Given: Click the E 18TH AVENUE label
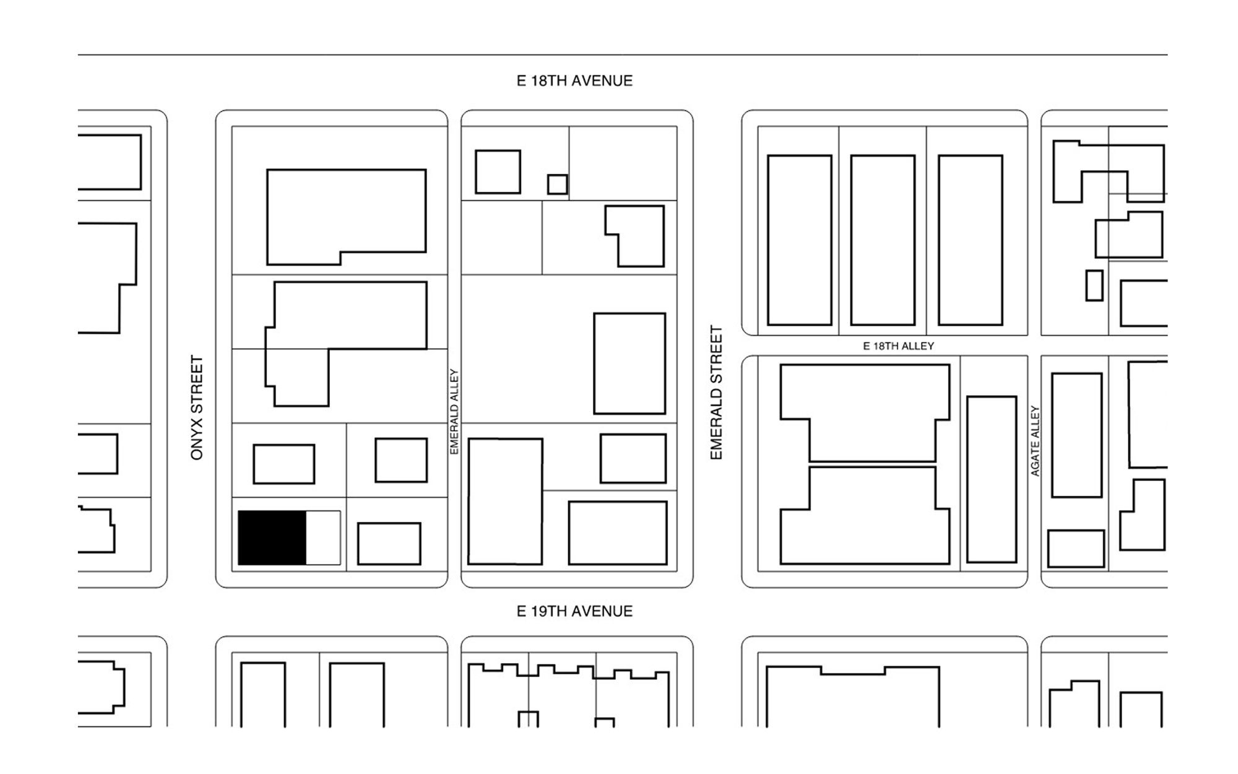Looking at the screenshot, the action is point(574,81).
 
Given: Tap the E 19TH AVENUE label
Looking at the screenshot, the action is point(574,611).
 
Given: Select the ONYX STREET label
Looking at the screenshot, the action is point(197,407).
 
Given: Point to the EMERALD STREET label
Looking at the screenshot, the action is point(716,393).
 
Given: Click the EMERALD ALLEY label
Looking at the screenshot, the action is point(454,412).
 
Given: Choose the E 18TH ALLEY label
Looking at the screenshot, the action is point(898,346).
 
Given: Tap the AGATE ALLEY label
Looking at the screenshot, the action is point(1035,441).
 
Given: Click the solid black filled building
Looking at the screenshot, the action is point(272,537).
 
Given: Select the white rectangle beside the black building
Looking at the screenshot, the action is point(323,537).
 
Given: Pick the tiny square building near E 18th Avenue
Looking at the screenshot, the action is point(557,185).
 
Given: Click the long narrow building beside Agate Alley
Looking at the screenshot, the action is point(992,479).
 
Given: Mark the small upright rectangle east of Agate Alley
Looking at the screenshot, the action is point(1094,285).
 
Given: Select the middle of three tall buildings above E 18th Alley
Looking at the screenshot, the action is point(883,240).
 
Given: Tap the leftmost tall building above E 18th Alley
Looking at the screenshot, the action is point(799,240).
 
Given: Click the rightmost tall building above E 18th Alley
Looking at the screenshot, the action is point(970,240).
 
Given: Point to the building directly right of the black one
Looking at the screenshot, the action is point(389,544).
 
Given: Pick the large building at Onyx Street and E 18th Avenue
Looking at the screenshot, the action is point(346,214).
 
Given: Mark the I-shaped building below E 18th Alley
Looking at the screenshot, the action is point(865,464).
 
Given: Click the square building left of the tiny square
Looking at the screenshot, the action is point(498,172).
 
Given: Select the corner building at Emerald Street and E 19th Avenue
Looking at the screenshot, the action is point(617,533).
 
